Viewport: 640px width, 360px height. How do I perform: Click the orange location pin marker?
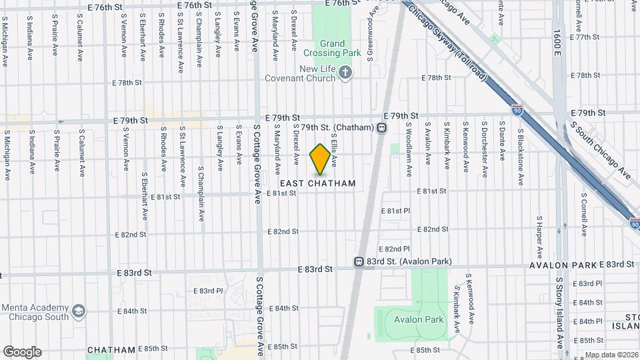pyautogui.click(x=320, y=159)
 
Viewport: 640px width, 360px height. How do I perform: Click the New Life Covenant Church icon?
pyautogui.click(x=345, y=73)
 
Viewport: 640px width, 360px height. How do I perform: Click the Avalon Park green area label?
pyautogui.click(x=419, y=319)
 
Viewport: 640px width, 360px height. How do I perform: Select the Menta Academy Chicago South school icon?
pyautogui.click(x=79, y=311)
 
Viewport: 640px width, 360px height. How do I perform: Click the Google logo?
pyautogui.click(x=21, y=352)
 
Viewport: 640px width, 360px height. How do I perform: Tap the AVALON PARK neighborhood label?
pyautogui.click(x=563, y=265)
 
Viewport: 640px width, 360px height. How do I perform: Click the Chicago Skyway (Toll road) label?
pyautogui.click(x=453, y=45)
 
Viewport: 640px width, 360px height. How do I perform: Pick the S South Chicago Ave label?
pyautogui.click(x=598, y=149)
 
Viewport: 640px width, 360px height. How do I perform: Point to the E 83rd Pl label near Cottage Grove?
pyautogui.click(x=208, y=291)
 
